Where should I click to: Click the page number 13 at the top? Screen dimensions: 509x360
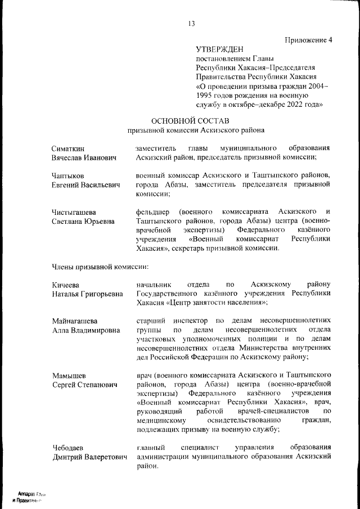coord(191,23)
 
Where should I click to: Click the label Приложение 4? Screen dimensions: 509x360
coord(309,39)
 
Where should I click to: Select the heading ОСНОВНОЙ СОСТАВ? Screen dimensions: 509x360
coord(191,120)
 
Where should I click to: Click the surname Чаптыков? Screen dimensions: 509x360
coord(67,175)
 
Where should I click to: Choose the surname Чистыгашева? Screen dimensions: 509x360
coord(74,212)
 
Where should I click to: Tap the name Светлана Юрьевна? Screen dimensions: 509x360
coord(83,222)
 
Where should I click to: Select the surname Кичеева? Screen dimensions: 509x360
coord(66,285)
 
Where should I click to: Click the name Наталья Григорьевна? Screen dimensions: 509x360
coord(87,294)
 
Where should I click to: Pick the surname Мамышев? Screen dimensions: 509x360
coord(69,375)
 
